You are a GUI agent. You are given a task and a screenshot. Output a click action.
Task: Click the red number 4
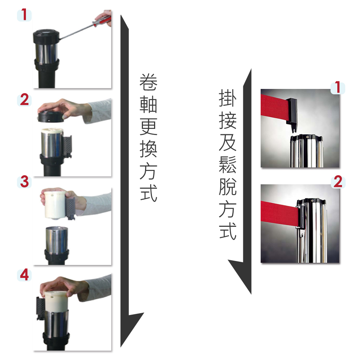(x=24, y=275)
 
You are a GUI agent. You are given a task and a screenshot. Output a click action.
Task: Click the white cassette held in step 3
(x=55, y=204)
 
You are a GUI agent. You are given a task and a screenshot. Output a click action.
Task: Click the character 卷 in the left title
(x=149, y=82)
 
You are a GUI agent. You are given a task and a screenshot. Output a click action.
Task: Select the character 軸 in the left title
(x=149, y=104)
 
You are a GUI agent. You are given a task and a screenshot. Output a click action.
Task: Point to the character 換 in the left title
(x=149, y=149)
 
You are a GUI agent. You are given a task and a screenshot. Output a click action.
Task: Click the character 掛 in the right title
(x=228, y=98)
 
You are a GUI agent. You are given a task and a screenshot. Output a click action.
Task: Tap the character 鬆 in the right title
(x=228, y=165)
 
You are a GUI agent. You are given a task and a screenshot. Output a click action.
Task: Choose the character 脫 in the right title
(x=228, y=186)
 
